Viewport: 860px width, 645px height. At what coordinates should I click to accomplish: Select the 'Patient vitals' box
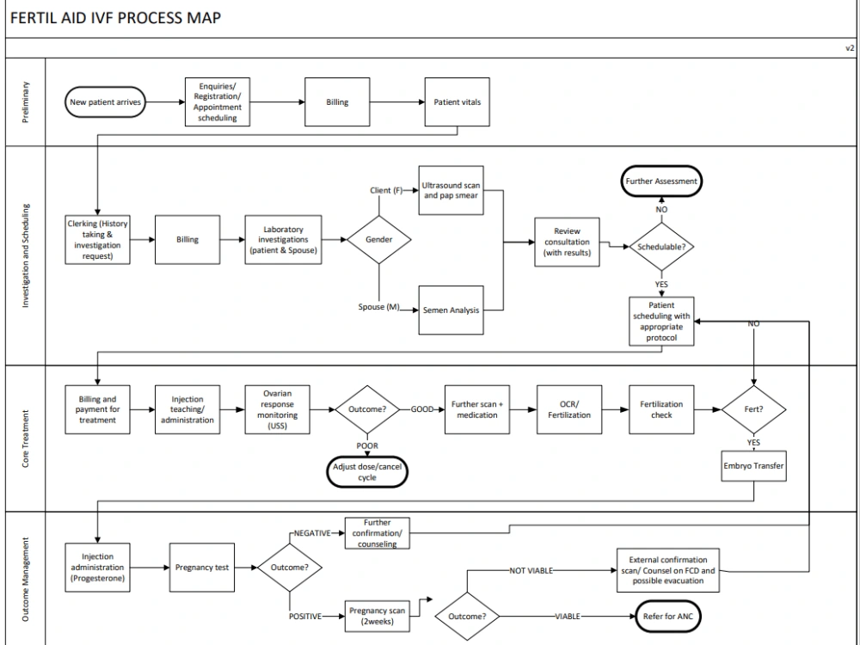pyautogui.click(x=458, y=102)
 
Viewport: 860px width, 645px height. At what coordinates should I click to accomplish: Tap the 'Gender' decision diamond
pyautogui.click(x=379, y=239)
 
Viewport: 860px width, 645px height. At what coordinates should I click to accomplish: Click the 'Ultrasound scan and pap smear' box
pyautogui.click(x=451, y=190)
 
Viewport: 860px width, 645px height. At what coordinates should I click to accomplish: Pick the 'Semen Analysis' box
pyautogui.click(x=451, y=310)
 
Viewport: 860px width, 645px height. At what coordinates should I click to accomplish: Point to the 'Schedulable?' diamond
pyautogui.click(x=661, y=247)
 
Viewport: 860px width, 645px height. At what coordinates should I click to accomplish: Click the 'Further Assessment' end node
pyautogui.click(x=661, y=181)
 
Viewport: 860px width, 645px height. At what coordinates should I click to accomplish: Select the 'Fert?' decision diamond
pyautogui.click(x=753, y=408)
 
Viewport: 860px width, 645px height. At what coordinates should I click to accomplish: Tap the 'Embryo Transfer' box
pyautogui.click(x=754, y=466)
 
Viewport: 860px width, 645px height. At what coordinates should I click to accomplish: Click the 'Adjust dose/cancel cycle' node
pyautogui.click(x=367, y=472)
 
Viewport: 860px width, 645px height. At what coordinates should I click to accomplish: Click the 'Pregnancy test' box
pyautogui.click(x=201, y=568)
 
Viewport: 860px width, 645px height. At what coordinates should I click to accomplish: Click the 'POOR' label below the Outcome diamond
pyautogui.click(x=367, y=445)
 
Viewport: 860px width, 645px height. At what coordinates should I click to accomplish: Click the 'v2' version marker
pyautogui.click(x=849, y=48)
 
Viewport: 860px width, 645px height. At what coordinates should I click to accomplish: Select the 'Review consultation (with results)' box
pyautogui.click(x=567, y=242)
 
